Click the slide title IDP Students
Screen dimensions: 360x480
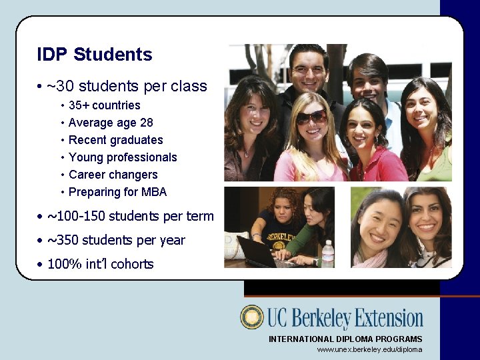tap(95, 55)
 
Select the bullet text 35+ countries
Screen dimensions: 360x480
tap(104, 105)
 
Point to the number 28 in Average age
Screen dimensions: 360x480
tap(146, 123)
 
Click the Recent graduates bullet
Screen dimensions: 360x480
tap(115, 140)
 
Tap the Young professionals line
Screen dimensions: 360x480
tap(123, 157)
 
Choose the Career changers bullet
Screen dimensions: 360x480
tap(113, 175)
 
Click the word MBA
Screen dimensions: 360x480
tap(154, 192)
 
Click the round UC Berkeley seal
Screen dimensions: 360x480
tap(252, 317)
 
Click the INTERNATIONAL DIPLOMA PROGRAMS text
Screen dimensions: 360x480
tap(345, 339)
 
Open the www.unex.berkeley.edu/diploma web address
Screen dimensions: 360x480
tap(369, 349)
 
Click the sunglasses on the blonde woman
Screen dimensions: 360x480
tap(312, 117)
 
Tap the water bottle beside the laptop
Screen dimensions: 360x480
tap(327, 254)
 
